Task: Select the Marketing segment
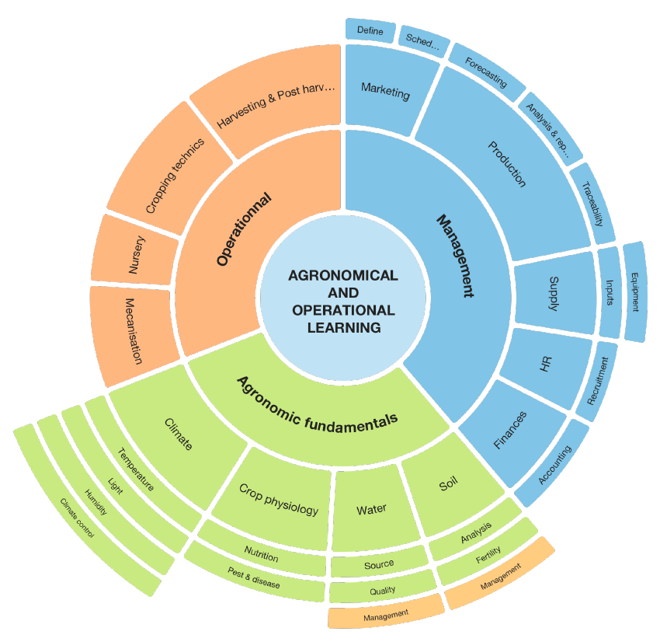point(385,92)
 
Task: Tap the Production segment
point(508,163)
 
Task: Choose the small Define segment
point(370,30)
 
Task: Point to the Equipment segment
point(634,291)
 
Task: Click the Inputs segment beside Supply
point(609,292)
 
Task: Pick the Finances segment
point(510,430)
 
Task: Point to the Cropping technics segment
point(175,175)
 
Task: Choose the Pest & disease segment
point(255,579)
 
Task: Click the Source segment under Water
point(379,563)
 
